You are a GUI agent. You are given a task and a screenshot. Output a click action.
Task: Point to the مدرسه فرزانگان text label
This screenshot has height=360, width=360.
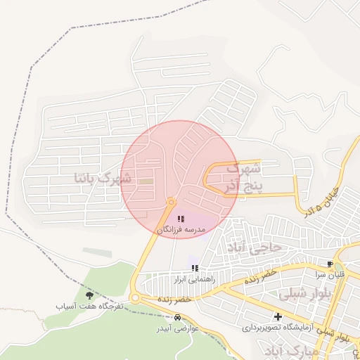pos(181,230)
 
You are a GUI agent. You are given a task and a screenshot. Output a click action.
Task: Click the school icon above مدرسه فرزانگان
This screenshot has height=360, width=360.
pos(181,220)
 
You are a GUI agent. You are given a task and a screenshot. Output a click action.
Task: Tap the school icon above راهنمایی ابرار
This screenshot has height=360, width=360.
pos(195,269)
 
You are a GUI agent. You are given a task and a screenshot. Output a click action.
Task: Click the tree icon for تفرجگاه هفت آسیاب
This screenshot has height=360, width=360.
pos(89,296)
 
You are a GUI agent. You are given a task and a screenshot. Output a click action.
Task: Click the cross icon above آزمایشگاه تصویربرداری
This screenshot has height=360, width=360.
pos(278,317)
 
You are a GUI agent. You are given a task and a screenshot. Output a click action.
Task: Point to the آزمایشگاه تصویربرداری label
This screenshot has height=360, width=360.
pos(278,328)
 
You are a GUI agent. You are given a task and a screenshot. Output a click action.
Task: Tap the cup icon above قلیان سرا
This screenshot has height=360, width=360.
pos(330,264)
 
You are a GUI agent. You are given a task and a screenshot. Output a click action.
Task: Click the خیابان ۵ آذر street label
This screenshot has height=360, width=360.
pos(323,201)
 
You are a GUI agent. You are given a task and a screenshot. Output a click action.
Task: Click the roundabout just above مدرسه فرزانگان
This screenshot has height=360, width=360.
pos(171,203)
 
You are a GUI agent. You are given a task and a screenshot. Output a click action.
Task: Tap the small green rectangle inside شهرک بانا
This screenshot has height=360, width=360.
pos(146,182)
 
